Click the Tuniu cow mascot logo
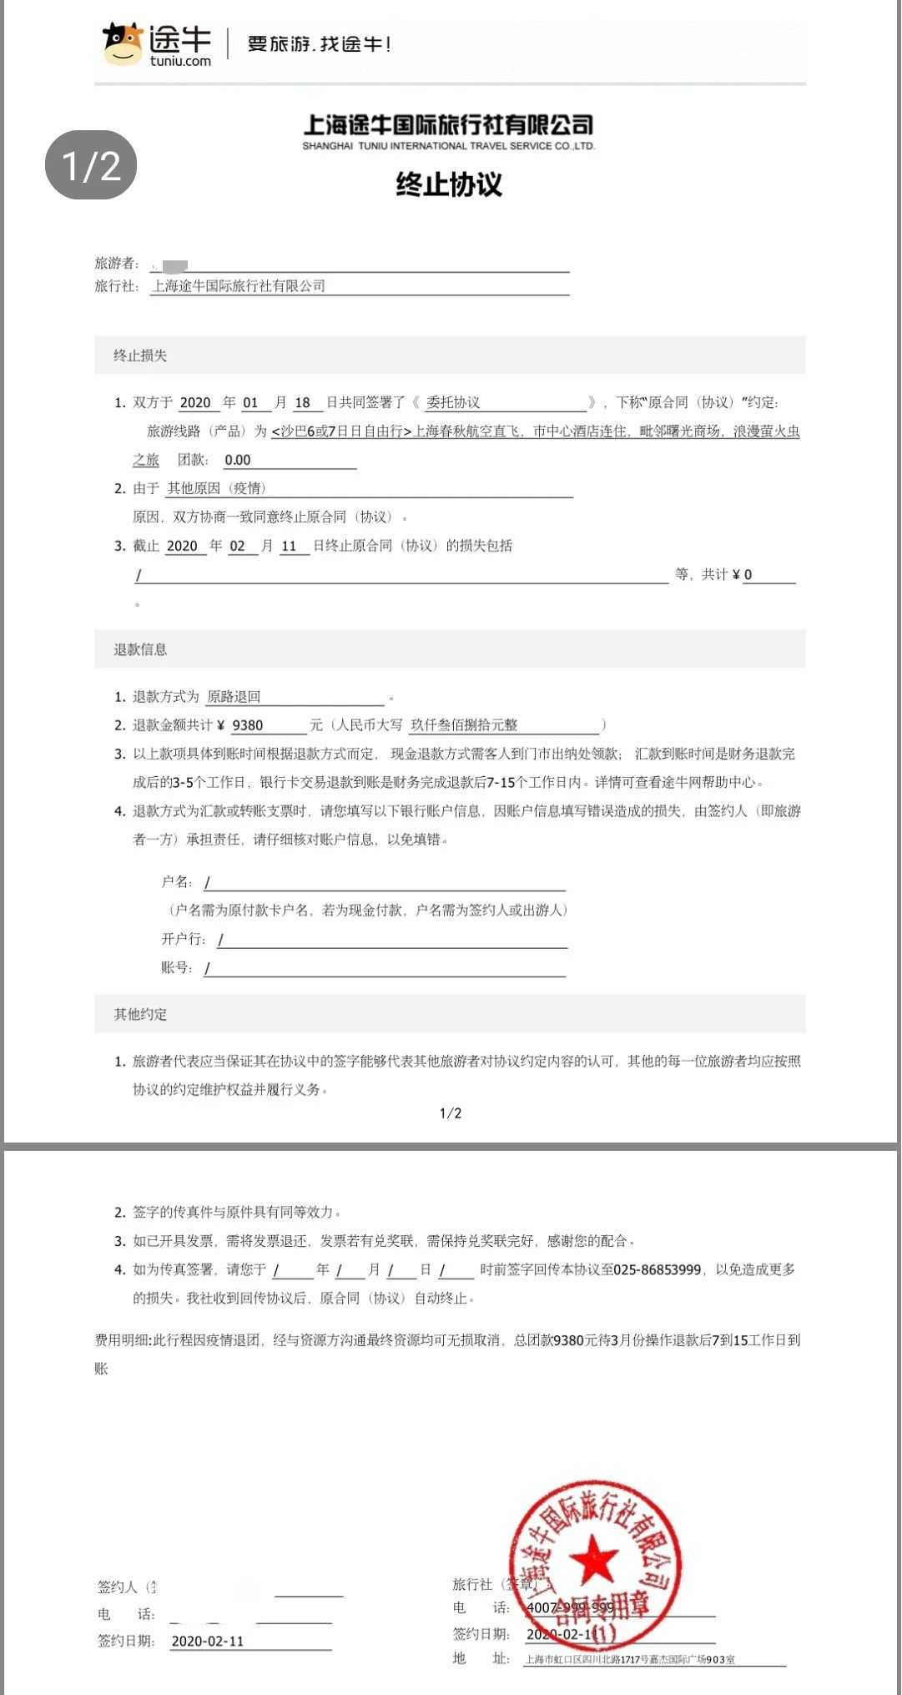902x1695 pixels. [x=123, y=43]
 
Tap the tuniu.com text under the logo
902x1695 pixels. [x=180, y=61]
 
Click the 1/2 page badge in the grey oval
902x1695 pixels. [x=91, y=165]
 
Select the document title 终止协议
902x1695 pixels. [x=449, y=184]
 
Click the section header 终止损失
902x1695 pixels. [x=140, y=356]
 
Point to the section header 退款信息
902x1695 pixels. [x=140, y=649]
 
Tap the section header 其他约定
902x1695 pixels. [x=140, y=1014]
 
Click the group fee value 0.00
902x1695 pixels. [x=238, y=460]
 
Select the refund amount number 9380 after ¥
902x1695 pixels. [x=248, y=725]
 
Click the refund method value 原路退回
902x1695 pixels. [x=234, y=697]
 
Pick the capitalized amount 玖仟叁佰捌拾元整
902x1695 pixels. [x=464, y=725]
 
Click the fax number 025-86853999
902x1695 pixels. [x=658, y=1269]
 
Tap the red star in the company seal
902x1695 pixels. [x=596, y=1559]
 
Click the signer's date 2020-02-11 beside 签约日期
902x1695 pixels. [x=208, y=1641]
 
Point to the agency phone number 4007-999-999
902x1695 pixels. [x=570, y=1607]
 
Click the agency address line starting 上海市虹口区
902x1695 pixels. [x=630, y=1659]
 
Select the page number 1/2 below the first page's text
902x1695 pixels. [x=451, y=1113]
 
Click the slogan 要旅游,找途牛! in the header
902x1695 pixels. [x=320, y=43]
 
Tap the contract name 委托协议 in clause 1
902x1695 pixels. [x=453, y=402]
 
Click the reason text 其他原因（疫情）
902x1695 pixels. [x=216, y=488]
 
